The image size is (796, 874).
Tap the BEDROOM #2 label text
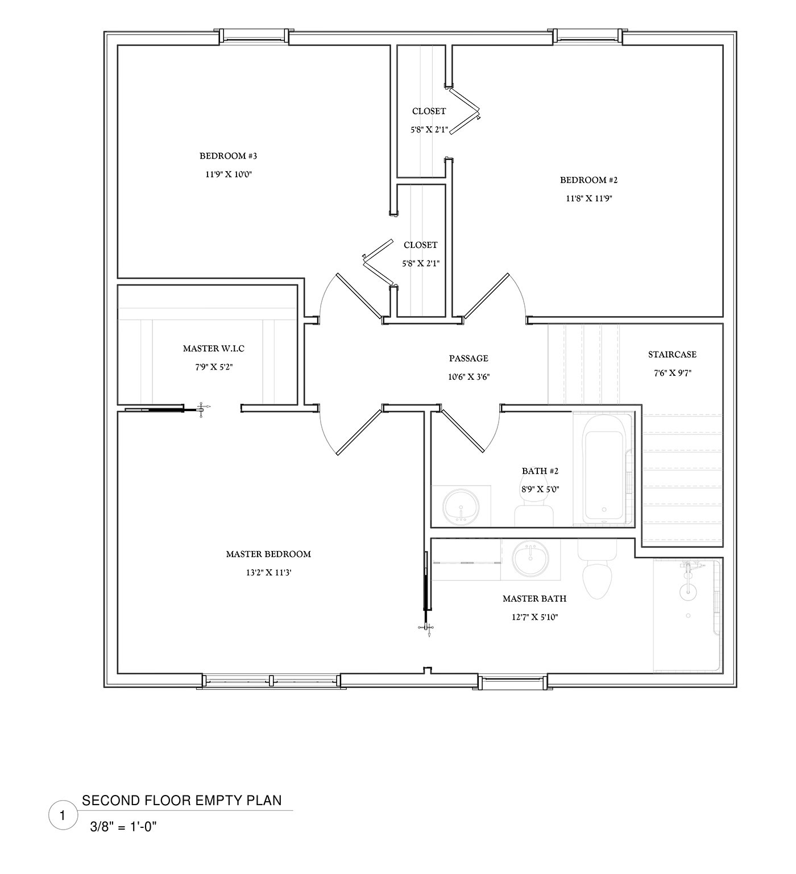[588, 180]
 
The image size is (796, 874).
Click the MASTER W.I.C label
[213, 348]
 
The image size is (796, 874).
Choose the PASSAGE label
[469, 358]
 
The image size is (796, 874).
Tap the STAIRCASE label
[672, 354]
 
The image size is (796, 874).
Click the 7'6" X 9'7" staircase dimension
[672, 373]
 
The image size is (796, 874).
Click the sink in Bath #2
[461, 506]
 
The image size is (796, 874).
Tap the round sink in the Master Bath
[530, 558]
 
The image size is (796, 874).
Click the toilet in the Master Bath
[597, 571]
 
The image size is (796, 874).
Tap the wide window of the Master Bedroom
[271, 680]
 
